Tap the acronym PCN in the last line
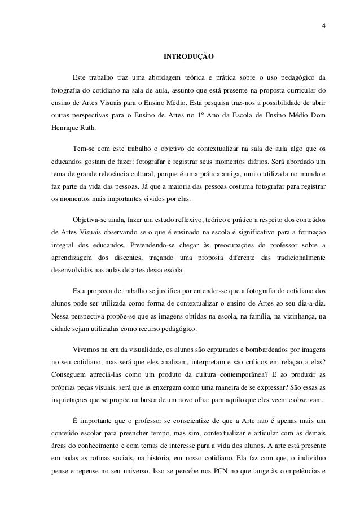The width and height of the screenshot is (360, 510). (217, 469)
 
